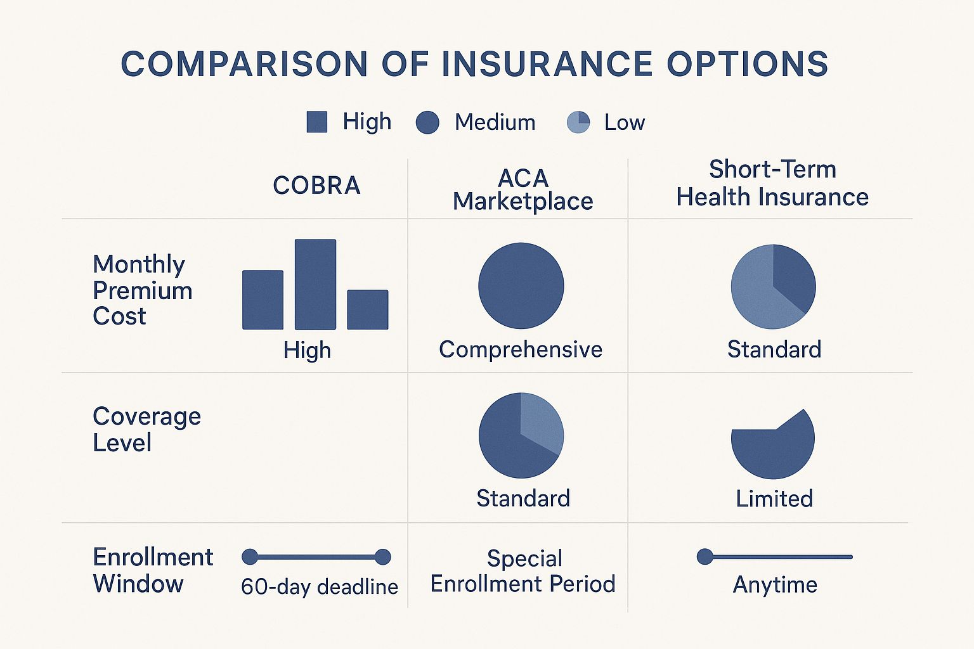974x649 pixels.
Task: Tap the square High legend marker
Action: tap(316, 122)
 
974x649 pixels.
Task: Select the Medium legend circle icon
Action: tap(427, 122)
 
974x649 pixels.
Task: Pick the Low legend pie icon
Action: tap(578, 122)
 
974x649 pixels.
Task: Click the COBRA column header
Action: tap(316, 186)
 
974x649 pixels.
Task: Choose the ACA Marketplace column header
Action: tap(523, 190)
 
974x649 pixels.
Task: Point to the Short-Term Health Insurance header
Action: tap(772, 183)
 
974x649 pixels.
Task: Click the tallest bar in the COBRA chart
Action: tap(315, 284)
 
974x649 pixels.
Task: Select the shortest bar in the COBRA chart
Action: tap(367, 309)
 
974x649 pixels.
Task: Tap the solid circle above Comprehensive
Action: tap(521, 286)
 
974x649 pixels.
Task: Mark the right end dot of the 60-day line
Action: tap(382, 557)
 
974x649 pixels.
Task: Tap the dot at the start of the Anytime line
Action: tap(705, 556)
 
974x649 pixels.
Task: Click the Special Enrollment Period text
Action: tap(523, 571)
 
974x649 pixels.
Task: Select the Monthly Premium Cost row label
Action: tap(142, 290)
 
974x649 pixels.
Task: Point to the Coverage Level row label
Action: tap(146, 429)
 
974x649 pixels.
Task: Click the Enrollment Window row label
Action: tap(152, 570)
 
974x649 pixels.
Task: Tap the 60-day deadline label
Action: tap(319, 587)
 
